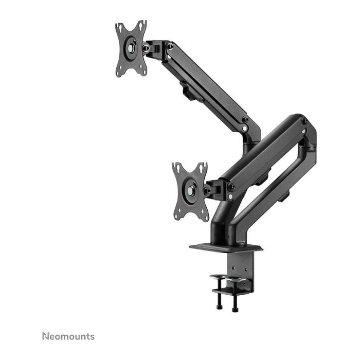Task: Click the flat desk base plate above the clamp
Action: tap(226, 247)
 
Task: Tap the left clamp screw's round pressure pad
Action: tap(218, 278)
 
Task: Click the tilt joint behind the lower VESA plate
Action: tap(215, 189)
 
